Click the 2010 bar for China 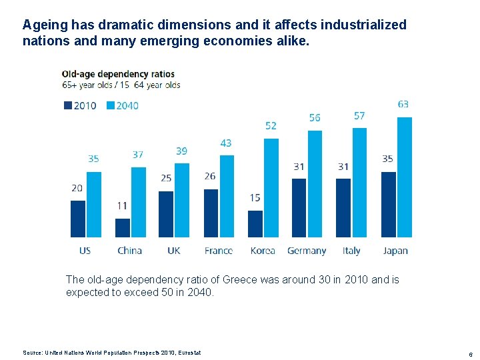point(123,227)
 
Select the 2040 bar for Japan point(405,177)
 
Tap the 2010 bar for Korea point(255,223)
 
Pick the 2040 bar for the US point(94,204)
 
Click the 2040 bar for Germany point(315,183)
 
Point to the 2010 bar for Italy point(343,207)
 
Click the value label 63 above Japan point(403,104)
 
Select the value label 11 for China point(121,206)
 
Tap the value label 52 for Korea point(271,125)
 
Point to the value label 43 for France point(226,143)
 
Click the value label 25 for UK point(166,178)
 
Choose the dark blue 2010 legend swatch point(67,105)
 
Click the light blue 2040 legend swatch point(111,105)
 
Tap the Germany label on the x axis point(307,251)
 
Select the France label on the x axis point(218,251)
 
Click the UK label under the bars point(173,251)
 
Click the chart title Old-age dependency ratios point(118,74)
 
